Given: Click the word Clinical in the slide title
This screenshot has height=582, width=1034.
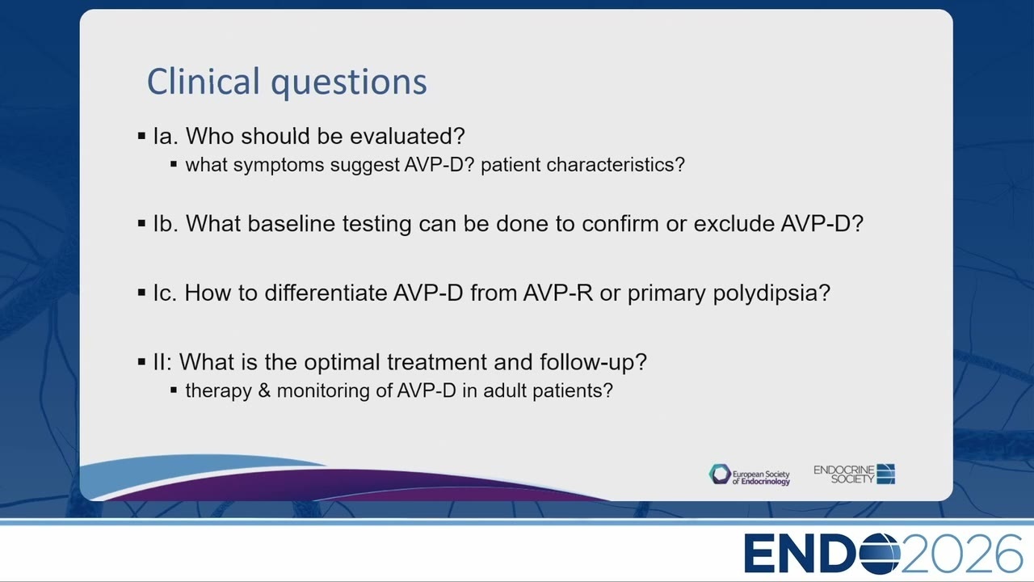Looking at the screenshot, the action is [204, 81].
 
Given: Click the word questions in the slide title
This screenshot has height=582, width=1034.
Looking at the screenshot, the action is [349, 83].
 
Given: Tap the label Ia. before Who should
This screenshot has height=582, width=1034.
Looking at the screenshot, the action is [166, 136].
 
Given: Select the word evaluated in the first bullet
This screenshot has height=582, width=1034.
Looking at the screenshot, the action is [406, 136].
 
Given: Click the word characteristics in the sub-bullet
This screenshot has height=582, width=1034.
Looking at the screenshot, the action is [616, 165].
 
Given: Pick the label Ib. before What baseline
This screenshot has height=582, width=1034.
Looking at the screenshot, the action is [166, 224].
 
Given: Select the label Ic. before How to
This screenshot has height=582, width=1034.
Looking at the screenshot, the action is [165, 293].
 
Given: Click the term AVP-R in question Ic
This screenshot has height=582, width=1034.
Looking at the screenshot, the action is [557, 293].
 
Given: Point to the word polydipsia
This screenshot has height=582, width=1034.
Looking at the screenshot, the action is [771, 293].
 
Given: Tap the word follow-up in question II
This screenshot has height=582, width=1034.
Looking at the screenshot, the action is [593, 363].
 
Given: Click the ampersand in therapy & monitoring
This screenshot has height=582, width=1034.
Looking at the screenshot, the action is [264, 390].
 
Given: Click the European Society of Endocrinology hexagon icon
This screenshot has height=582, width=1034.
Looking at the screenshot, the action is [720, 474].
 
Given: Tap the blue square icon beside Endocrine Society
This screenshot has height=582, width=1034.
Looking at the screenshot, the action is [886, 474].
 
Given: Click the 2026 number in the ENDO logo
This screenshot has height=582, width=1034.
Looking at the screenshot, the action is [962, 554].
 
